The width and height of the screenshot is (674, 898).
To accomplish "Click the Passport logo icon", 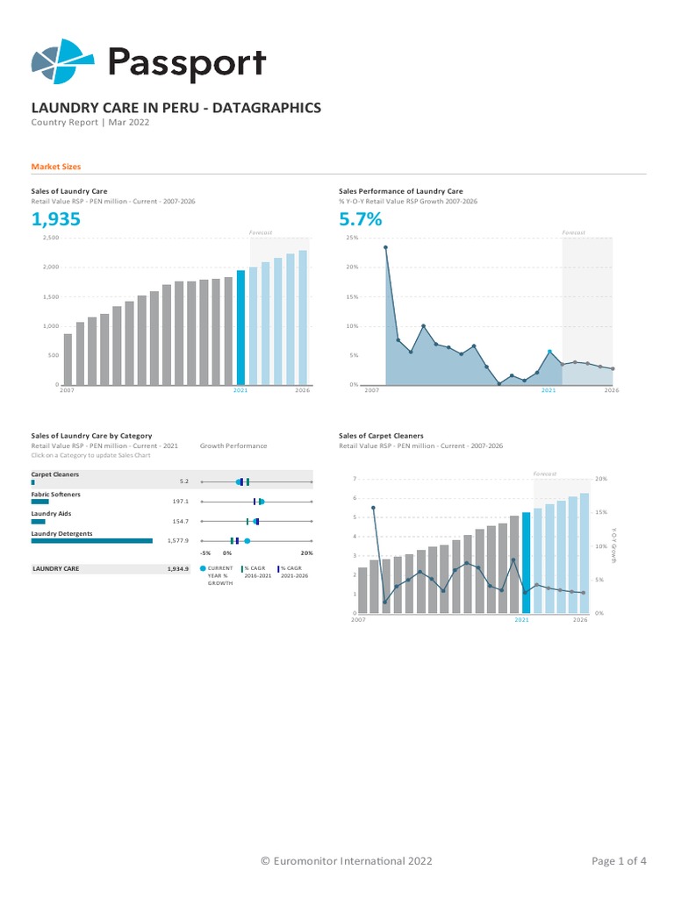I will (x=61, y=61).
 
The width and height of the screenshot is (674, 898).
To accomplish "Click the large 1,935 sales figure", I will (x=56, y=219).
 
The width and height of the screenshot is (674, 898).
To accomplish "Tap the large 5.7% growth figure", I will (x=361, y=219).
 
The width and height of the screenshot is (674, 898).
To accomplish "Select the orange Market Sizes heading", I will (x=56, y=167).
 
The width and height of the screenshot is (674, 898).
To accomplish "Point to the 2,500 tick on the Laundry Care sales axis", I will (x=50, y=238).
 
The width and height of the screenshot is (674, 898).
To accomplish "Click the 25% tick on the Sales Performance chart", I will (x=352, y=238).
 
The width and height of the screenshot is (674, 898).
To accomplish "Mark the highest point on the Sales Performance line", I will (x=385, y=247).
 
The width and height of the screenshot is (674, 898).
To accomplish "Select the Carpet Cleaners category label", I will (x=55, y=474).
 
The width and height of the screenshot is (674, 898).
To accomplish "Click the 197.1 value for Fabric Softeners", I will (x=181, y=502).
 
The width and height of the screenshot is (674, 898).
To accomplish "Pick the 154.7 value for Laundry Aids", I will (x=181, y=521).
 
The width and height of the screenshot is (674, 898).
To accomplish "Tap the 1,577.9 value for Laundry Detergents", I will (x=178, y=541).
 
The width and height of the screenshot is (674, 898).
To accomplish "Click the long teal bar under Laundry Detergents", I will (x=91, y=541).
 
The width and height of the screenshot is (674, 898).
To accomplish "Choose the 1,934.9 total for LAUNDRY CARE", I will (x=178, y=569).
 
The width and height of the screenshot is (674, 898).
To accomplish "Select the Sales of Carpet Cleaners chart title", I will (x=381, y=436).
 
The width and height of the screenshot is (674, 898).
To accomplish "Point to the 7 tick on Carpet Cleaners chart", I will (x=355, y=479).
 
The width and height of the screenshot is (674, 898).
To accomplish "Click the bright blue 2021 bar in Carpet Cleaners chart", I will (x=526, y=562).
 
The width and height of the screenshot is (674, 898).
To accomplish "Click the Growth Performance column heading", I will (x=233, y=445).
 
